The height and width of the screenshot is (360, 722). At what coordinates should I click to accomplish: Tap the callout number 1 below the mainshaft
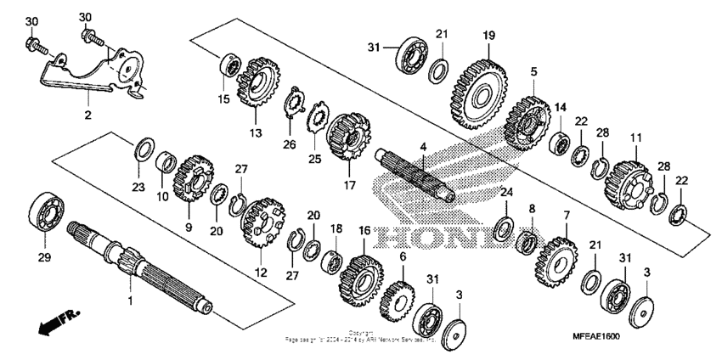pos(130,301)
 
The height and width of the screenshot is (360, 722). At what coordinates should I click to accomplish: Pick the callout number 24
pos(506,192)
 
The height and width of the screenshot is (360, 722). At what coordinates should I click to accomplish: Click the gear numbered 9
pos(195,178)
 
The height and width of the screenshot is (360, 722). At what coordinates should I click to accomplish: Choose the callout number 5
pos(533,73)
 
